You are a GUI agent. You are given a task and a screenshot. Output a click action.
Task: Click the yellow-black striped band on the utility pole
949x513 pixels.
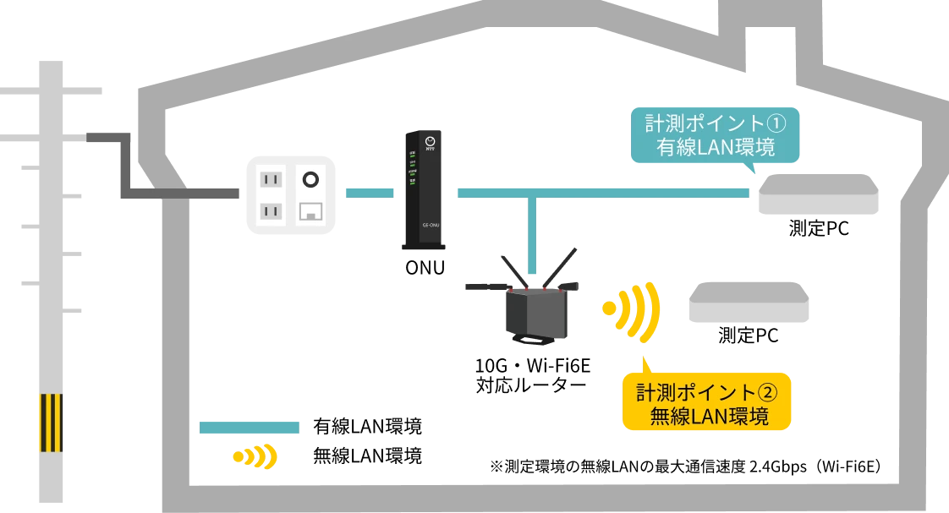coord(52,422)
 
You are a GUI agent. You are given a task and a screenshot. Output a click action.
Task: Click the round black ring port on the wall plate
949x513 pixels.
coord(311,179)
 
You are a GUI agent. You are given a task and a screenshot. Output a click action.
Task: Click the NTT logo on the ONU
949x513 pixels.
coord(430,143)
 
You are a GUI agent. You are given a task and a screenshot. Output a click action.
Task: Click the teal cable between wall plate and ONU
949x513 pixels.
coord(370,194)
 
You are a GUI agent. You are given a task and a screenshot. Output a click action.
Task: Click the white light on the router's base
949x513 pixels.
coord(531,340)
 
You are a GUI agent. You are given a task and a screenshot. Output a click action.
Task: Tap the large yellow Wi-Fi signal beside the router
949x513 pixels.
coord(634,309)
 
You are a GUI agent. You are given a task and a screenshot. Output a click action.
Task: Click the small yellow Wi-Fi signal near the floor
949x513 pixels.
coord(255,457)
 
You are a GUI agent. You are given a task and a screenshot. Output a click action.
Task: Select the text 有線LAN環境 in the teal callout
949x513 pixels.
coord(716,148)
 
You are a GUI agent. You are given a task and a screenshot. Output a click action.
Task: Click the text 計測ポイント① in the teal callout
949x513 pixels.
coord(716,123)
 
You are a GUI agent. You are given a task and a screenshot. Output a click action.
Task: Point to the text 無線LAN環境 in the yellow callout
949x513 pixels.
coord(709,417)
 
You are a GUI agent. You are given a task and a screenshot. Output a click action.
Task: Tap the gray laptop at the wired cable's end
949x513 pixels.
coord(817,194)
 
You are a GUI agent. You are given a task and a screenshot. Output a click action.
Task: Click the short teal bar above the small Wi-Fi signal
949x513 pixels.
coord(249,428)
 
